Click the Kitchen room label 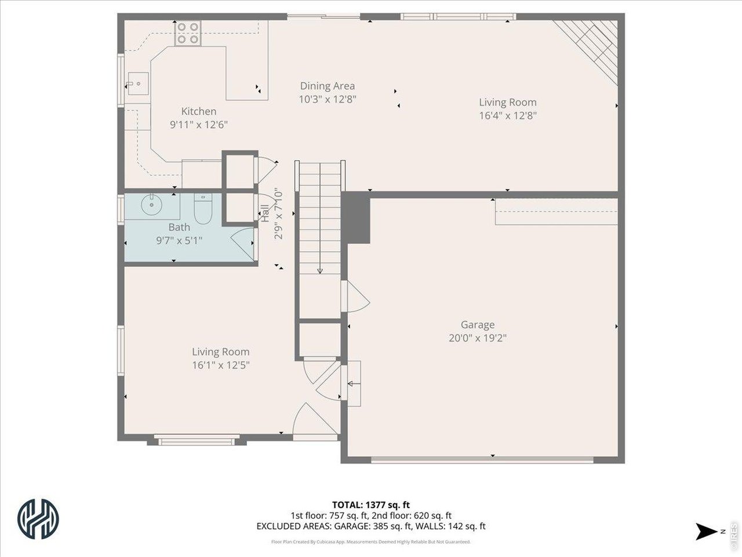199,111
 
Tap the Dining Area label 327,86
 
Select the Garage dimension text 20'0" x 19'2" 478,338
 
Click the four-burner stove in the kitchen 187,33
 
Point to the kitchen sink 137,84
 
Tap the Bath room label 179,227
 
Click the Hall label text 265,214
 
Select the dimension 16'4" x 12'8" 507,115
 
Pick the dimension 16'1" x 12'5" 221,365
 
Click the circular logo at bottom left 38,518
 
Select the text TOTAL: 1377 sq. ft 370,505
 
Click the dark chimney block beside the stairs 357,218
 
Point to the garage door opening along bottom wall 482,460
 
